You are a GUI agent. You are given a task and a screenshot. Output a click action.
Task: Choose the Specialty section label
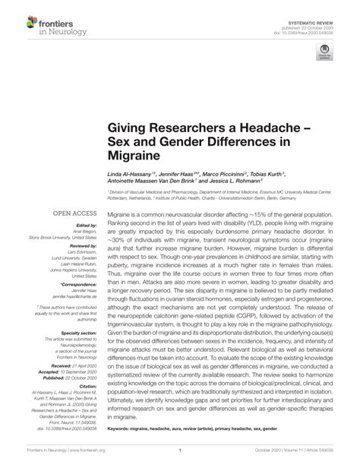tap(76, 332)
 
